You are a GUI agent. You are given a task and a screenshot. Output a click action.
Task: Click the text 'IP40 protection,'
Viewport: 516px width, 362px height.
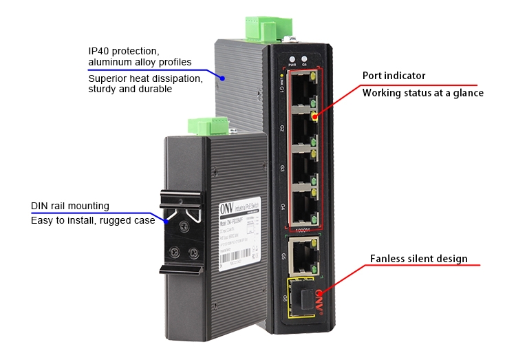(124, 51)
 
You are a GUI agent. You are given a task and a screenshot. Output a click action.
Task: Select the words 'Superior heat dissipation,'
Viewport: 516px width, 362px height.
(145, 78)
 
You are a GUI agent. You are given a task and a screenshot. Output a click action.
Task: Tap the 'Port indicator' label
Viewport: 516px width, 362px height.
(394, 76)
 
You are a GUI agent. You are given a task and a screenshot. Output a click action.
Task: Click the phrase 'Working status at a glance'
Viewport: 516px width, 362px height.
(422, 92)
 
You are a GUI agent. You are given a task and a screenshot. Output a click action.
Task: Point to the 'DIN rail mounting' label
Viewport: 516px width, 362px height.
(70, 206)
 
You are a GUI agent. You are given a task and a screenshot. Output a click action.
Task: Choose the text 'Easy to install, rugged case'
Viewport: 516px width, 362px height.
(92, 220)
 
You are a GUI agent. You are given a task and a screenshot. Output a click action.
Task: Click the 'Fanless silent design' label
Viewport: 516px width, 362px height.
(418, 259)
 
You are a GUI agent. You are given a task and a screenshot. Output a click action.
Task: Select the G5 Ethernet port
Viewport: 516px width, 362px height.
(302, 256)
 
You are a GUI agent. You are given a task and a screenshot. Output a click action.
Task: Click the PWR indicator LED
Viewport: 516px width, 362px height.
(291, 59)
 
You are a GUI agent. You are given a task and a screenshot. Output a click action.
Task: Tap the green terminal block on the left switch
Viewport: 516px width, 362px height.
(208, 126)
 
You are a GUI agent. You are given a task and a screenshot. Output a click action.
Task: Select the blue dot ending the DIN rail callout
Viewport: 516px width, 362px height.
(165, 221)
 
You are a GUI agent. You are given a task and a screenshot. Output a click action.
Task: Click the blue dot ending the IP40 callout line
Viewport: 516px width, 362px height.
(222, 78)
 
